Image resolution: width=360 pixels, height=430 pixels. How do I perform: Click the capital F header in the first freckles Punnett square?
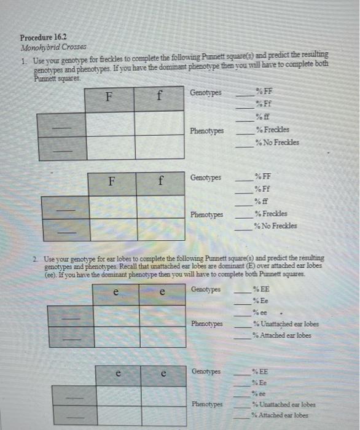tap(109, 97)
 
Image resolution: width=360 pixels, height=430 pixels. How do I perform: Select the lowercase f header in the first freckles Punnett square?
tap(159, 97)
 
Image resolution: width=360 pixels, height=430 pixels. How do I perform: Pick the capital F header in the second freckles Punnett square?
tap(112, 182)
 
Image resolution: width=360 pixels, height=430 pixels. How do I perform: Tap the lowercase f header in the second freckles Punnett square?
tap(160, 182)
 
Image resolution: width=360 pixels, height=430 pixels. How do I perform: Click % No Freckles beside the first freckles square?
tap(278, 142)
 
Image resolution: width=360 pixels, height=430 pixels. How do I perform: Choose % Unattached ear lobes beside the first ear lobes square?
tap(285, 324)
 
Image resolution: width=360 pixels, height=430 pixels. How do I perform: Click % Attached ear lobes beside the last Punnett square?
tap(282, 415)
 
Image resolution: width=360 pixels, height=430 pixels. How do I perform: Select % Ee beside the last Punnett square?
tap(258, 382)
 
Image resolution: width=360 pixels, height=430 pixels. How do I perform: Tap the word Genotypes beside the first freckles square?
tap(206, 93)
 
